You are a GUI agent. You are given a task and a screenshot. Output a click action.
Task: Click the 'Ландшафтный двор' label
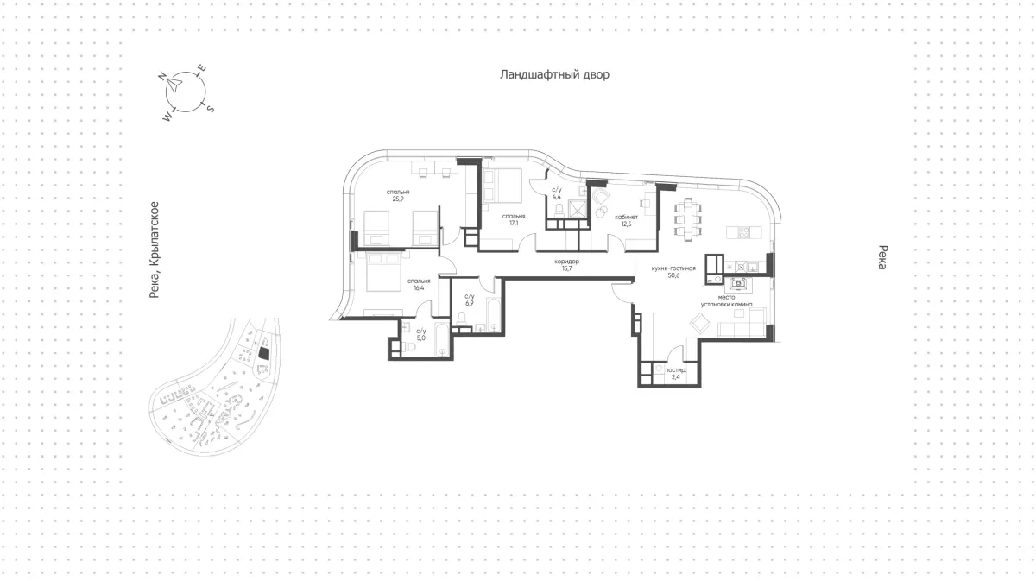tap(554, 74)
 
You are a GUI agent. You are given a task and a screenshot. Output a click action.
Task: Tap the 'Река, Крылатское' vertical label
tap(154, 249)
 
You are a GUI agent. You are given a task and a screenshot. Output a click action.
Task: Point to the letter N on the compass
tap(162, 76)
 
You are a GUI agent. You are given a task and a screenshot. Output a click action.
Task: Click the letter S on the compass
tap(210, 109)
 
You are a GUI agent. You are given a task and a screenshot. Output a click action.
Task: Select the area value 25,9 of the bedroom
tap(398, 199)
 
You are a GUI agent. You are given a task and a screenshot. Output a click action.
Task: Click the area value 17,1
tap(514, 223)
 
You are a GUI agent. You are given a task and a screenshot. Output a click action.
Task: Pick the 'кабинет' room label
tap(626, 217)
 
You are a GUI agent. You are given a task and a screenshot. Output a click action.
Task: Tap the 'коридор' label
tap(566, 262)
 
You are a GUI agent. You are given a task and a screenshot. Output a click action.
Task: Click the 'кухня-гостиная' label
tap(673, 268)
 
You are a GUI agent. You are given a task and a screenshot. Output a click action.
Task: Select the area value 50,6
tap(673, 275)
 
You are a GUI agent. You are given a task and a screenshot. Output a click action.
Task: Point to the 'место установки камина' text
tap(726, 300)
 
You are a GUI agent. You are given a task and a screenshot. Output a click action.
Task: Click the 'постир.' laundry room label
tap(676, 370)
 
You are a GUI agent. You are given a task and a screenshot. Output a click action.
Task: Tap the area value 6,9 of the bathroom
tap(470, 304)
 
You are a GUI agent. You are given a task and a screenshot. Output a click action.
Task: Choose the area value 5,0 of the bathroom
tap(421, 338)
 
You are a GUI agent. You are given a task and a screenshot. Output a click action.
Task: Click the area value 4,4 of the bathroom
tap(556, 197)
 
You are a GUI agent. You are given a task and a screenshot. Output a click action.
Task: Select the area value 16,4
tap(419, 287)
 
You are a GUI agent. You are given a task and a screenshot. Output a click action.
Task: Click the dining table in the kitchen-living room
tap(688, 219)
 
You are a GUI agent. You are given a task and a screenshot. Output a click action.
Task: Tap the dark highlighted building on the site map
tap(264, 353)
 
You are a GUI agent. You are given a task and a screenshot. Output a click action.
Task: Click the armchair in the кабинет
tap(600, 197)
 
